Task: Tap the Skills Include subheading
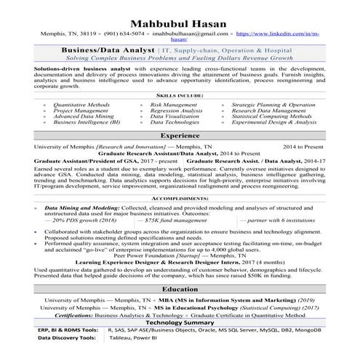tap(180, 95)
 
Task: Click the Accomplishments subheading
tap(180, 197)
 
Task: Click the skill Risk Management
tap(173, 105)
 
